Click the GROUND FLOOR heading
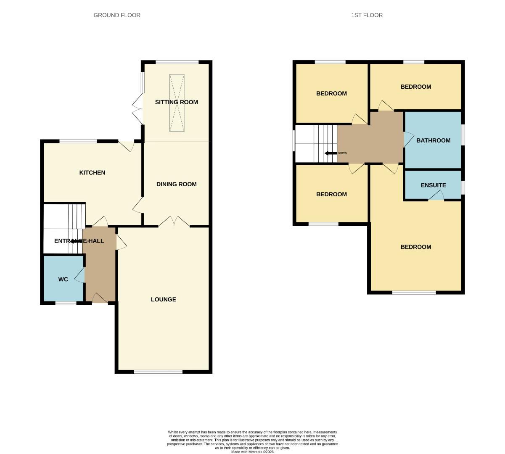pos(117,15)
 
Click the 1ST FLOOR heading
pos(367,15)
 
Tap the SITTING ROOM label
pos(176,102)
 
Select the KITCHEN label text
pos(92,173)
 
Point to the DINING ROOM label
pos(176,184)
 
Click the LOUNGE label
pos(164,299)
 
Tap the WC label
pos(63,279)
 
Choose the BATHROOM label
pos(433,140)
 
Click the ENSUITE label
pos(433,185)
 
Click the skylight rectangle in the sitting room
pos(177,103)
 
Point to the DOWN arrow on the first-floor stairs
pos(331,153)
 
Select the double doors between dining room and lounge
pos(174,222)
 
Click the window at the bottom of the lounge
pos(158,372)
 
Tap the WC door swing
pos(80,276)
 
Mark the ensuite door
pos(437,196)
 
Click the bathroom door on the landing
pos(408,139)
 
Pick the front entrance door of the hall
pos(99,298)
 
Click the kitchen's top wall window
pos(78,141)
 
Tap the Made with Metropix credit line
pos(252,452)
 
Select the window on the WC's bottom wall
pos(66,303)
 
